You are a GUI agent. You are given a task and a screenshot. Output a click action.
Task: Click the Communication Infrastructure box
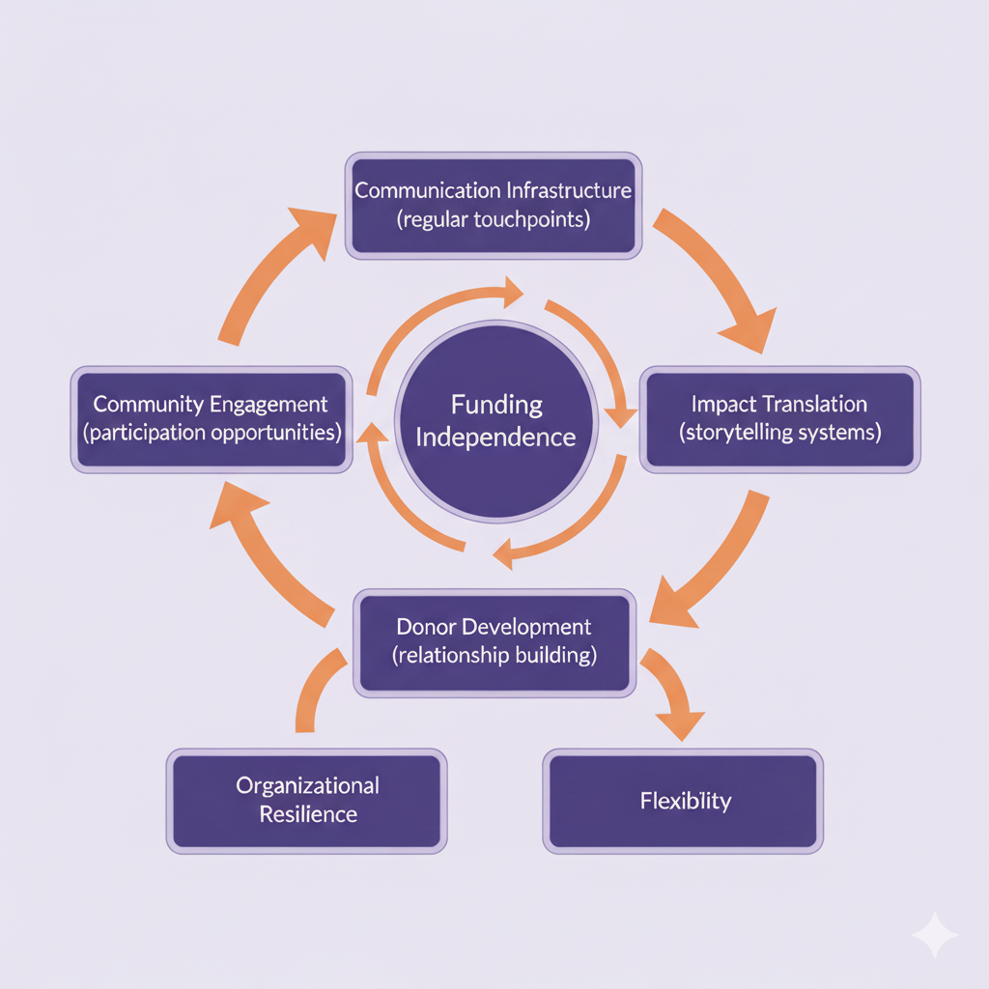tap(493, 205)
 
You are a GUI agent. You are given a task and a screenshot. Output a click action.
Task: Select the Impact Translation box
tap(780, 418)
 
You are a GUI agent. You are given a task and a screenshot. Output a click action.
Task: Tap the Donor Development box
tap(494, 642)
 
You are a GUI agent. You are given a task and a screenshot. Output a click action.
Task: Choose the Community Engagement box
tap(211, 418)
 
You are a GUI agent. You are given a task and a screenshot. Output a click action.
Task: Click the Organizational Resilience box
tap(307, 801)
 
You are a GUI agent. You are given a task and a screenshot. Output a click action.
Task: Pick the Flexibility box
tap(684, 801)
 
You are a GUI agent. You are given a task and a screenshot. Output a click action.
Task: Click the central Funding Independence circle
tap(494, 420)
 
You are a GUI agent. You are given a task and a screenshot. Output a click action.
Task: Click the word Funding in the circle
tap(495, 404)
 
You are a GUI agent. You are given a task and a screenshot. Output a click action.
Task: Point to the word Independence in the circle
tap(495, 437)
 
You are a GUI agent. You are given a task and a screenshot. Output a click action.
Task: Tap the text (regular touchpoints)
tap(493, 218)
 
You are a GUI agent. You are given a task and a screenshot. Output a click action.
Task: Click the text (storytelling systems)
tap(780, 432)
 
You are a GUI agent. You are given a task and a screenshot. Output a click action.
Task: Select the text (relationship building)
tap(494, 656)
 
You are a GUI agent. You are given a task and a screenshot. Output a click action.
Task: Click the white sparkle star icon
tap(934, 934)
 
